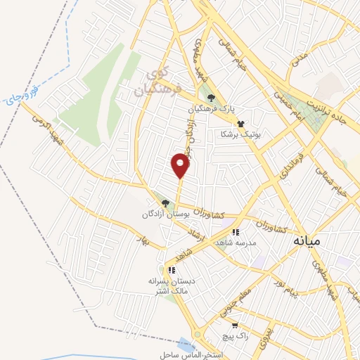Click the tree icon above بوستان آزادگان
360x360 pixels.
165,202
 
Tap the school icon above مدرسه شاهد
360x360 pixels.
236,231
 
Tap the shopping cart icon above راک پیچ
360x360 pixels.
235,326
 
